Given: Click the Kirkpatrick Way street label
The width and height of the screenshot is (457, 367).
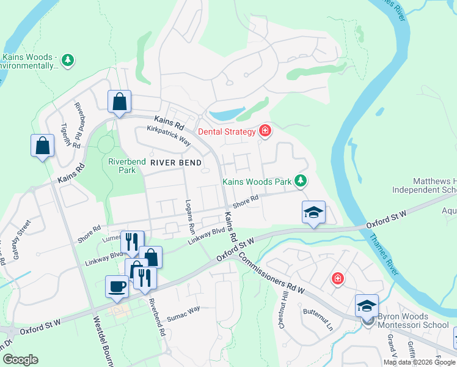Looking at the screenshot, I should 169,136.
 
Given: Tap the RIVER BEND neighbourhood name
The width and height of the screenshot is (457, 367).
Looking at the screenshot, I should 180,163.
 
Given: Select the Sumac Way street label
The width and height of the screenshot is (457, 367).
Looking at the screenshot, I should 183,313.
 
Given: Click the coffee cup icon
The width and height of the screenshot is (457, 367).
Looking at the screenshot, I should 117,286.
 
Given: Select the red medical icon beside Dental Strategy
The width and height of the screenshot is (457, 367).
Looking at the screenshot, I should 265,130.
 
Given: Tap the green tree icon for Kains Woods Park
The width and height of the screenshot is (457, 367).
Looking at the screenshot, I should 300,180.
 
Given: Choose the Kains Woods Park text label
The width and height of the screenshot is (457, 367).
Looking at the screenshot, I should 257,182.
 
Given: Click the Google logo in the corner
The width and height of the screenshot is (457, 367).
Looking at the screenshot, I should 20,360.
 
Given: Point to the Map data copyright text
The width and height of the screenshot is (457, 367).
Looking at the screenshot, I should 419,362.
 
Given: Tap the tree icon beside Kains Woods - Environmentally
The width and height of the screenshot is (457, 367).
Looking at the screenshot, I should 68,59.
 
